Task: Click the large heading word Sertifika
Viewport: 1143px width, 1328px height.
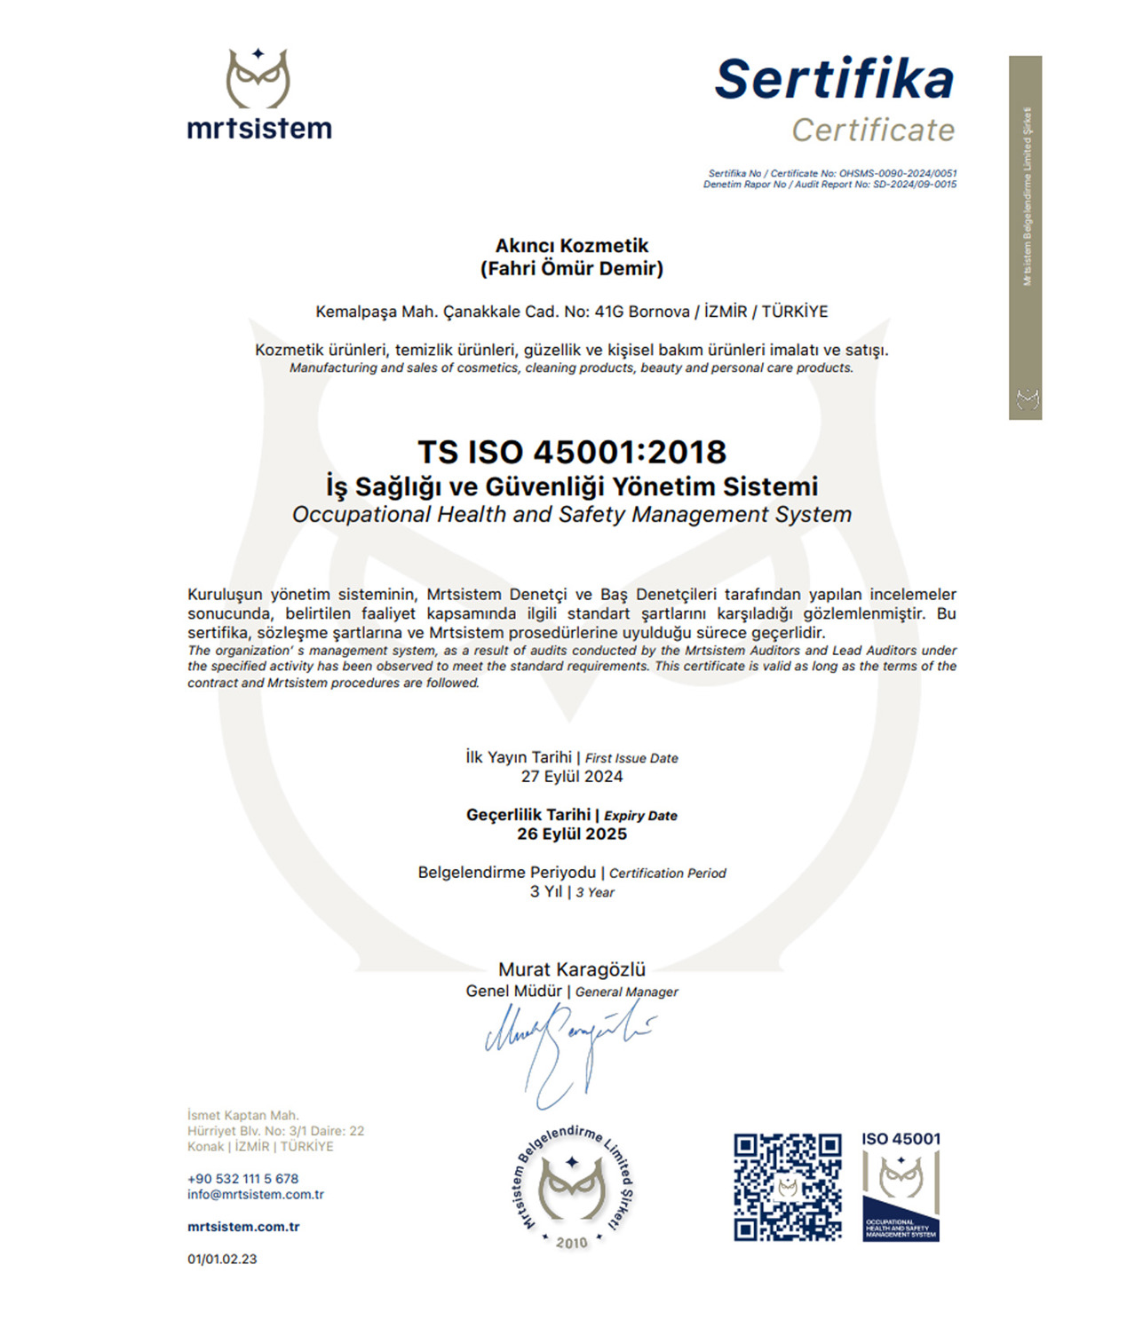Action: coord(834,79)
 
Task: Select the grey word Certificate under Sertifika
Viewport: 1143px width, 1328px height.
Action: coord(873,130)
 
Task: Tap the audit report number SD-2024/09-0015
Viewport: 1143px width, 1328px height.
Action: coord(915,185)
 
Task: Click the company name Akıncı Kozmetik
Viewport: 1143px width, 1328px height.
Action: coord(572,246)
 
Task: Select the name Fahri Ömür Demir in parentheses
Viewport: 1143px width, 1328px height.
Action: coord(572,269)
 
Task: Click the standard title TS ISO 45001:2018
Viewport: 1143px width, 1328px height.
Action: coord(572,453)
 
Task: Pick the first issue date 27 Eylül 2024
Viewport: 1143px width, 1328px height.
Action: coord(572,777)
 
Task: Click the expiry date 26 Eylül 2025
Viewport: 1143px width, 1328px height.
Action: coord(572,834)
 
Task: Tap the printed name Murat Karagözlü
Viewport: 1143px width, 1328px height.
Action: coord(572,969)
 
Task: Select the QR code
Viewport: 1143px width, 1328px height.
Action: coord(788,1187)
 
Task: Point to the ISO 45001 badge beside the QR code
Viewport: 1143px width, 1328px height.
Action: coord(901,1187)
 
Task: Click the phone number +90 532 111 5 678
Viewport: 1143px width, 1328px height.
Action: coord(242,1179)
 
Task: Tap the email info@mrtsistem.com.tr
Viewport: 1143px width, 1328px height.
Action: coord(256,1195)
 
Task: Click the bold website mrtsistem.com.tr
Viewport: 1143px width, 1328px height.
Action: coord(243,1227)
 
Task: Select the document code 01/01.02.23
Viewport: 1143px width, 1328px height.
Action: coord(222,1259)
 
